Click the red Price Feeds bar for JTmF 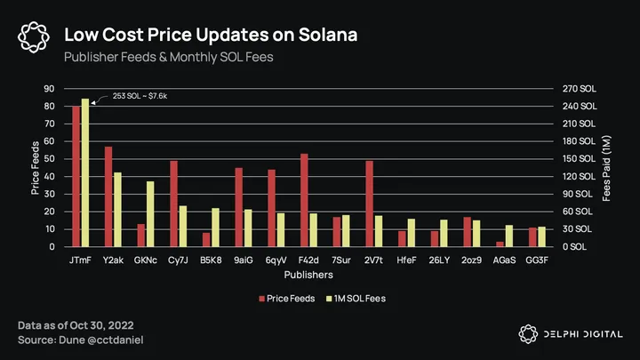click(76, 176)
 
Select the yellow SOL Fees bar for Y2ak click(117, 210)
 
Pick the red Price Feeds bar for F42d click(304, 200)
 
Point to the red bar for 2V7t click(369, 204)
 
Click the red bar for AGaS click(500, 244)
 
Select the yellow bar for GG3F click(541, 236)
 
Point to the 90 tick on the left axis click(49, 89)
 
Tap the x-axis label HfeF click(406, 261)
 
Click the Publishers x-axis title click(309, 276)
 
